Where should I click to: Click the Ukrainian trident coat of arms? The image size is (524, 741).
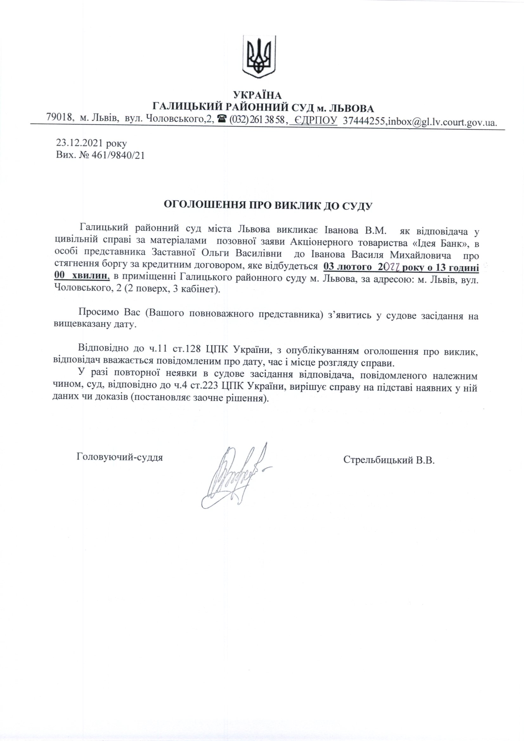(x=259, y=56)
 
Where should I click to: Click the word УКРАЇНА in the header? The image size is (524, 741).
(x=257, y=95)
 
